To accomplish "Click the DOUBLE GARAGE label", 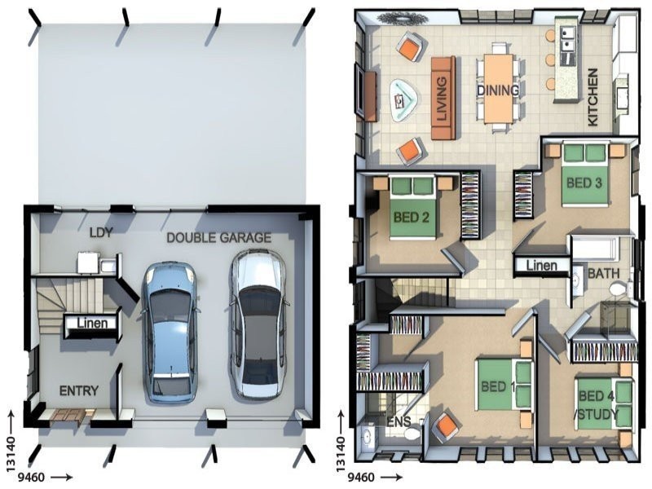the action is pos(218,238).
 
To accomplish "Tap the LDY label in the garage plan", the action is pos(101,233).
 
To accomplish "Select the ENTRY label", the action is pos(79,391).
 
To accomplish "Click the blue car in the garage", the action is pos(170,333).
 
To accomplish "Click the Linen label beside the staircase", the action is pos(93,323).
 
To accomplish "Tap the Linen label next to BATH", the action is pos(542,266).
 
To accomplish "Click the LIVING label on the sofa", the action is pos(442,99).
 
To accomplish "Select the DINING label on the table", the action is pos(498,90).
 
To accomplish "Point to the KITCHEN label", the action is pos(593,97).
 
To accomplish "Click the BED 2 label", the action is pos(412,217).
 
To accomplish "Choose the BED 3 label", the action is pos(584,183).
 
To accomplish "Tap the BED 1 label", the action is pos(498,386).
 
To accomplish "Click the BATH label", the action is pos(604,274).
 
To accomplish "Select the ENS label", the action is pos(399,421).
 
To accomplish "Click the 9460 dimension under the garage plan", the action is pos(31,477).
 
